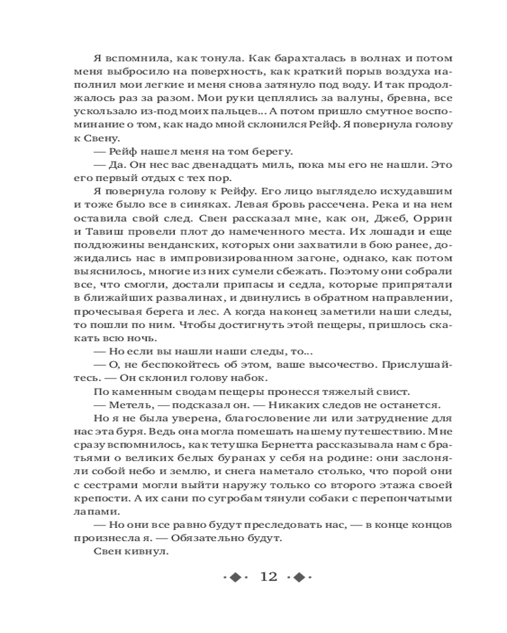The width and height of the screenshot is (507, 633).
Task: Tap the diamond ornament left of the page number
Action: tap(235, 577)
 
